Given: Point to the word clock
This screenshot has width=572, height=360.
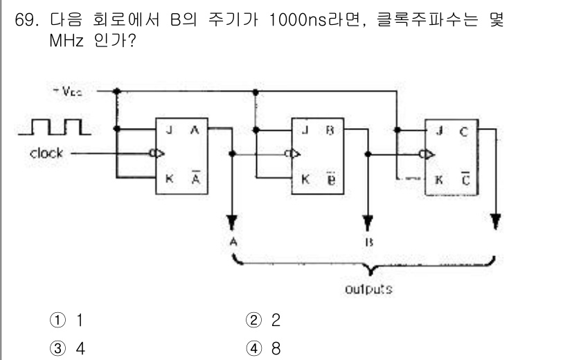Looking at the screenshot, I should (x=46, y=153).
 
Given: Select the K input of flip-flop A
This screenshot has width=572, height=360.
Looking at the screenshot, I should (x=167, y=177).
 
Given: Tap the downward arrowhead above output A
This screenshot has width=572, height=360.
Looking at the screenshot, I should (x=231, y=219).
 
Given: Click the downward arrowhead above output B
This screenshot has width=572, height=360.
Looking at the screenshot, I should (x=367, y=219).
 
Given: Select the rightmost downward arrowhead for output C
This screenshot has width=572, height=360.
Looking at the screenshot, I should (x=494, y=220).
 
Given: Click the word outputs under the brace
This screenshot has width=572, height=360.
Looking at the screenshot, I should (x=368, y=289).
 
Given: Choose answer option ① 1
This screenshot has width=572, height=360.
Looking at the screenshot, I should (x=72, y=321).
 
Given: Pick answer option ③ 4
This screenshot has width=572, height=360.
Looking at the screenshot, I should (x=72, y=346).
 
